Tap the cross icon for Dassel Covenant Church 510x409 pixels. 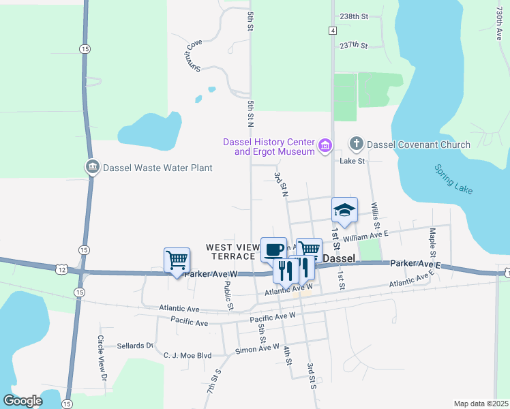click(x=356, y=144)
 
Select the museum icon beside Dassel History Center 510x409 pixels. click(x=325, y=146)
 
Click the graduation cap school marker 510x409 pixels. click(x=344, y=209)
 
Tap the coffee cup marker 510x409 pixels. click(x=273, y=249)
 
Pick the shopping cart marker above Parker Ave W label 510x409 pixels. click(x=177, y=260)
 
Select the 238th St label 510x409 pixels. click(x=353, y=16)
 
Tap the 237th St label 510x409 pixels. click(x=353, y=46)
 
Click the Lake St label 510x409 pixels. click(x=352, y=161)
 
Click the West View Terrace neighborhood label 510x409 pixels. click(x=232, y=252)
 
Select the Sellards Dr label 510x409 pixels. click(x=136, y=346)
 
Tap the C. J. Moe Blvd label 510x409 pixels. click(x=187, y=355)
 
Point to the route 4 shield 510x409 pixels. click(x=332, y=31)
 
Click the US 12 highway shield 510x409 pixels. click(x=62, y=271)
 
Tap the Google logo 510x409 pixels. click(x=22, y=401)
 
